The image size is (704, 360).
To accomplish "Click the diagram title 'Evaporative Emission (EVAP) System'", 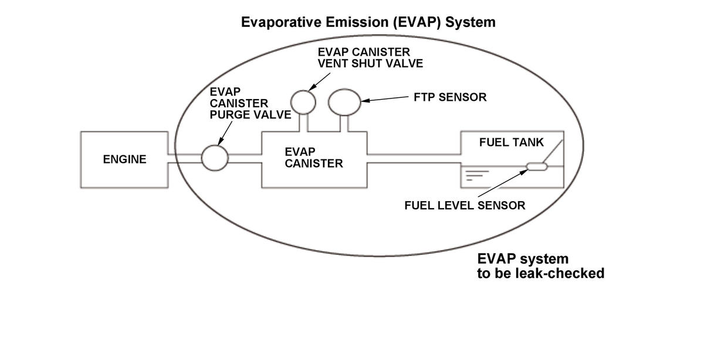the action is [x=368, y=22].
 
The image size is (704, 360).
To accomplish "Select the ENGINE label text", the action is [x=125, y=159].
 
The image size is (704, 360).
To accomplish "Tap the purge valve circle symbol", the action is [x=215, y=158].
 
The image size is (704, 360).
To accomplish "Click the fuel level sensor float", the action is [x=537, y=167].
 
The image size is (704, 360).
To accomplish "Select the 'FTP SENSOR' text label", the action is [x=450, y=97].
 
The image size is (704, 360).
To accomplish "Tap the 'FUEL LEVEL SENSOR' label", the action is [x=465, y=205].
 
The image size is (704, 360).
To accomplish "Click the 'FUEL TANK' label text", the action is [x=512, y=142].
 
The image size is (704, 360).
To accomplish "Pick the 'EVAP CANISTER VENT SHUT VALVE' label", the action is [x=370, y=58].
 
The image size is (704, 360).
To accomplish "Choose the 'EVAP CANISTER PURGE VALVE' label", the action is [x=250, y=103].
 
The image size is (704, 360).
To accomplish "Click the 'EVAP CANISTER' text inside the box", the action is [x=314, y=158].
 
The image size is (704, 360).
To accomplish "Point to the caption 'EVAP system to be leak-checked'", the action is [x=540, y=266].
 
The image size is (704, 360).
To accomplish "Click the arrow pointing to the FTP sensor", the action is [x=385, y=99].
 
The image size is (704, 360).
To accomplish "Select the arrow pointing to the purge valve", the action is [x=225, y=133].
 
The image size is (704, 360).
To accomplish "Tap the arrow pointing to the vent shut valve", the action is [x=319, y=82].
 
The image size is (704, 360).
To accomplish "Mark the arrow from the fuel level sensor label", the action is [x=503, y=183].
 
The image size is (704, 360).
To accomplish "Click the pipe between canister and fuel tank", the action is [x=414, y=159].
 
